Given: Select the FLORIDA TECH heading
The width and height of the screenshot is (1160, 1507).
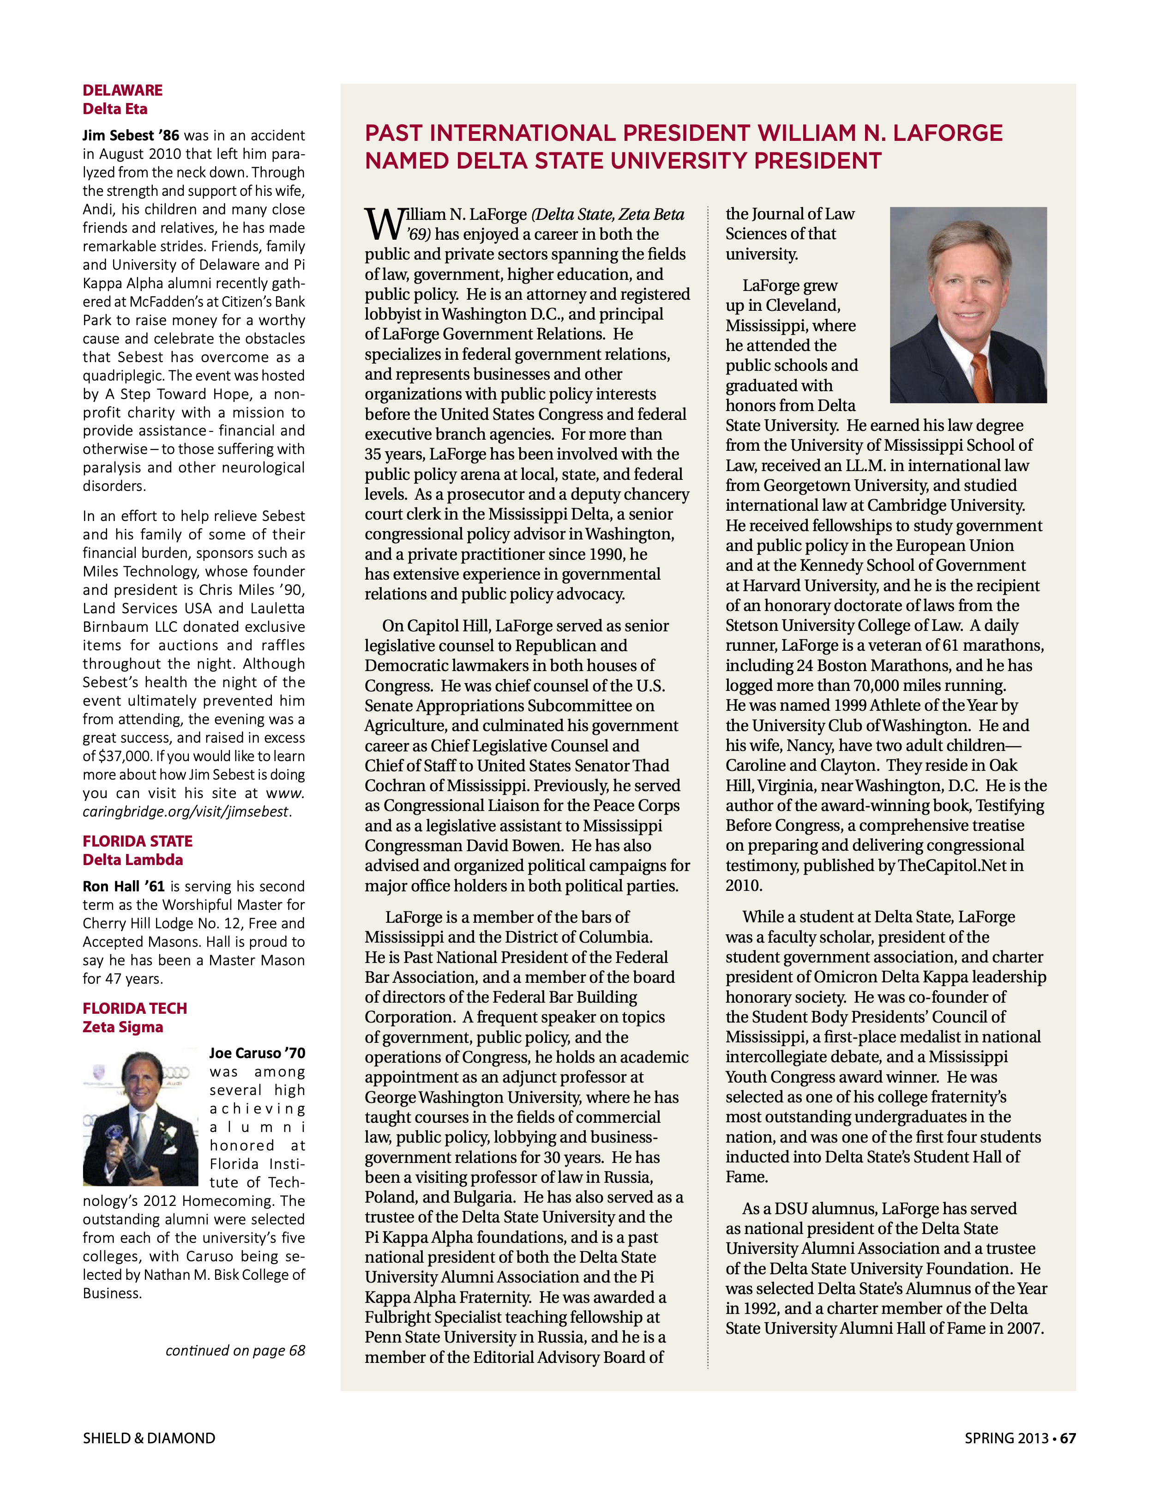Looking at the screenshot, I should (x=134, y=1008).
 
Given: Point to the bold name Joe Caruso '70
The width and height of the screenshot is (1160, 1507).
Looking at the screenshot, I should (x=257, y=1053).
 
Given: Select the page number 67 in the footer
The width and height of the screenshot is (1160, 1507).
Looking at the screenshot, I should (x=1068, y=1439).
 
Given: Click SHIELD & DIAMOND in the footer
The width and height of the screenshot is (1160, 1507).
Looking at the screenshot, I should (x=149, y=1439).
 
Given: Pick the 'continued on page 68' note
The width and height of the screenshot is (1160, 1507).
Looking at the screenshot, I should (x=235, y=1351).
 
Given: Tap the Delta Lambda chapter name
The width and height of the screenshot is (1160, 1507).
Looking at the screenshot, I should (x=132, y=860).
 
